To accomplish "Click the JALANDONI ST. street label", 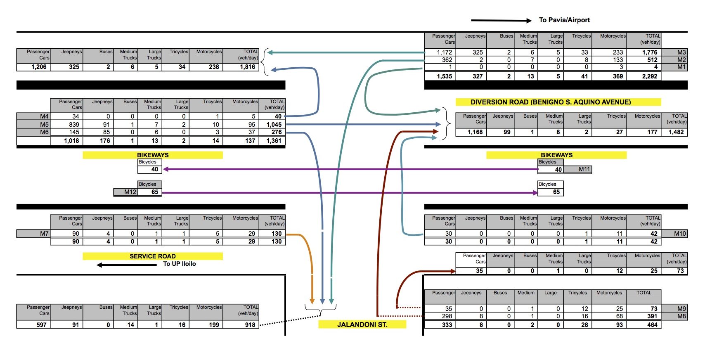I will coord(362,324).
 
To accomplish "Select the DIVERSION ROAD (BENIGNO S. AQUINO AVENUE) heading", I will coord(551,102).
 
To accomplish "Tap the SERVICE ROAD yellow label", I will coord(152,256).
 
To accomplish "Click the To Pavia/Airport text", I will coord(564,20).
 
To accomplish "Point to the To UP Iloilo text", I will coord(179,264).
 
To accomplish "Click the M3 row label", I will coord(681,52).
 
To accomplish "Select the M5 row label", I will coord(44,124).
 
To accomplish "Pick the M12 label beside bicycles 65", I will coord(130,192).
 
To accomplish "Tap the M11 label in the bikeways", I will coord(584,169).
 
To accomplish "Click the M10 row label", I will coord(679,234).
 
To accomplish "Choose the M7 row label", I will coord(44,234).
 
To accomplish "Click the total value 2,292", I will coord(649,76).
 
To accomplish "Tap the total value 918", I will coord(250,325).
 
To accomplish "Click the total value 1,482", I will coord(676,132).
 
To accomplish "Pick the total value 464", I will coord(652,325).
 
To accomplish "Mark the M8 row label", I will coord(681,316).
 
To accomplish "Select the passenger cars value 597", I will coord(41,325).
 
